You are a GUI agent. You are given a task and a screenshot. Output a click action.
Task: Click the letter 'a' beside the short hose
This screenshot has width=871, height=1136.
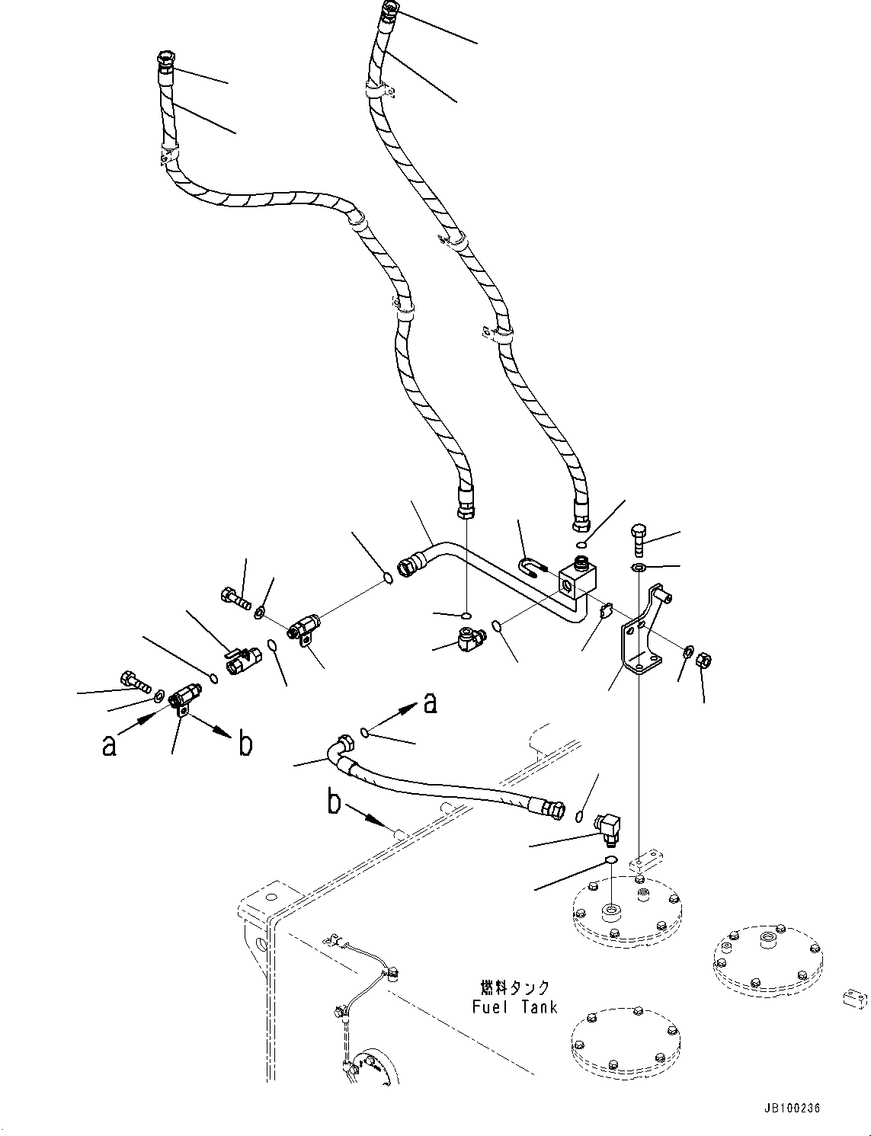(x=430, y=702)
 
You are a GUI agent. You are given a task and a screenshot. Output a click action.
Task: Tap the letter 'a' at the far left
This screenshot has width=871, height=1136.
(x=110, y=744)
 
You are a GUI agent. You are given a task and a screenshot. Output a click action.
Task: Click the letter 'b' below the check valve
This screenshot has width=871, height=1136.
(x=245, y=743)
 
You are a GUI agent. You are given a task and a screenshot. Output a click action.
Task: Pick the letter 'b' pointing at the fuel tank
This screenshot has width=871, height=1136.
(x=335, y=804)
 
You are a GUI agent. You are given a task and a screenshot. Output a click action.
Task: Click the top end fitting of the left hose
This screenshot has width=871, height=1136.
(x=165, y=60)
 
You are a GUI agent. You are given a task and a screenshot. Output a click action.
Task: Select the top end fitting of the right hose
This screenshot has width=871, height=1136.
(x=388, y=11)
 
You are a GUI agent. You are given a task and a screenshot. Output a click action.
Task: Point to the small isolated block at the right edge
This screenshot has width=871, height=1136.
(x=854, y=998)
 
